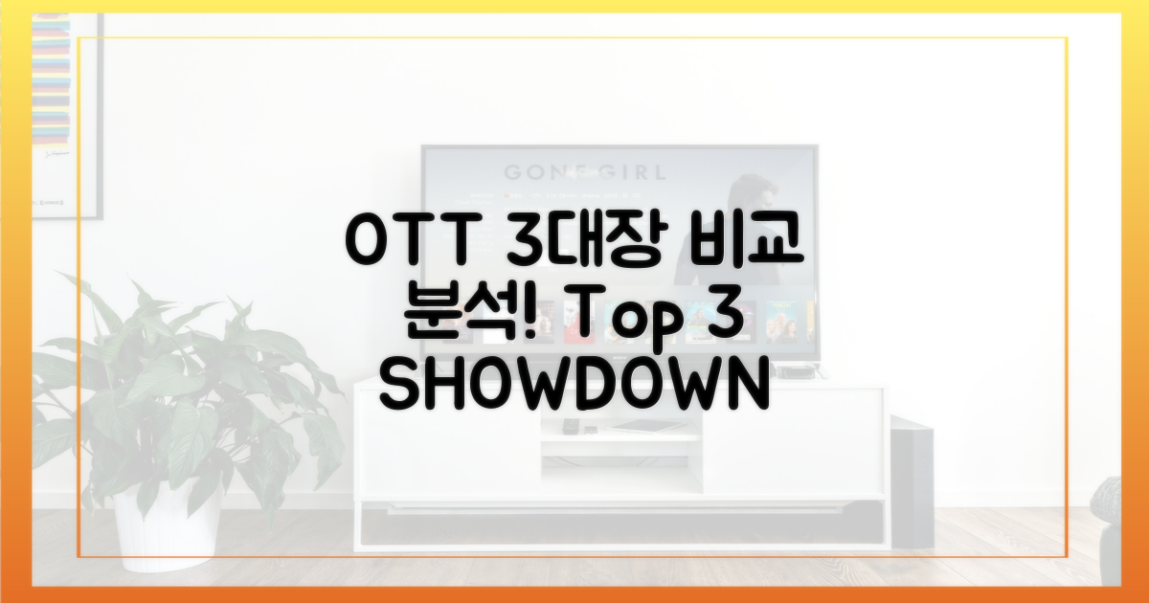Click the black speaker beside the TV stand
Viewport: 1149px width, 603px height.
[x=912, y=479]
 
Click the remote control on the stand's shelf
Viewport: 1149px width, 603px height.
[x=572, y=426]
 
